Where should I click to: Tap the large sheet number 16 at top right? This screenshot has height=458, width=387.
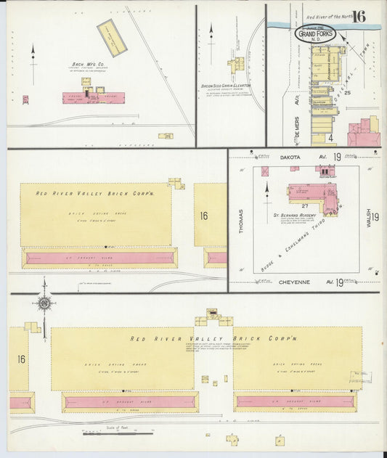[358, 16]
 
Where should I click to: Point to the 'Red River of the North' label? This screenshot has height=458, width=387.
[330, 16]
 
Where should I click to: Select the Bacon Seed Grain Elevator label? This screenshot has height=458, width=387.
[227, 86]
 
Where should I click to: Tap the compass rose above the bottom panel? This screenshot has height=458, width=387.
[44, 303]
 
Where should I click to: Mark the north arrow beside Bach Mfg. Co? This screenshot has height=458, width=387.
[33, 54]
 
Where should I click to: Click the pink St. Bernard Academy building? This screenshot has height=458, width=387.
[312, 194]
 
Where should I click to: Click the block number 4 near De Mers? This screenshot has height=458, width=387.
[329, 137]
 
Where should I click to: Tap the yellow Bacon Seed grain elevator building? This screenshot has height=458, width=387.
[237, 66]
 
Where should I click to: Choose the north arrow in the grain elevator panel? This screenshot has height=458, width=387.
[211, 33]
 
